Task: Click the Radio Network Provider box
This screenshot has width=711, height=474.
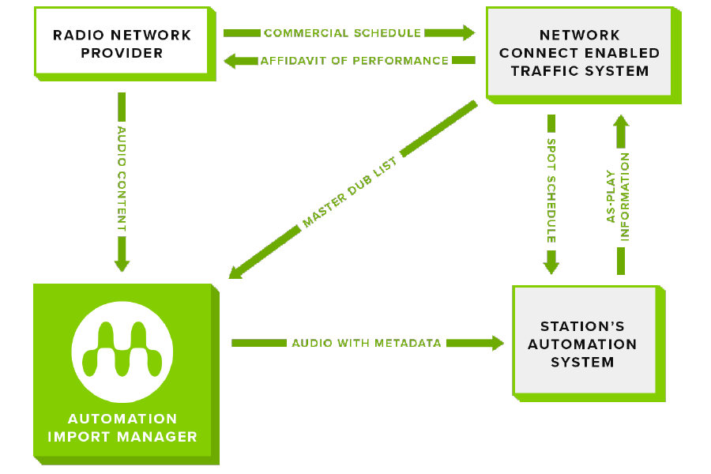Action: pyautogui.click(x=122, y=44)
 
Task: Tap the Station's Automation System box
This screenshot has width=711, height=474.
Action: pyautogui.click(x=583, y=344)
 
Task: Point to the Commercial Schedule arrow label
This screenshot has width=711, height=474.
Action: pyautogui.click(x=342, y=33)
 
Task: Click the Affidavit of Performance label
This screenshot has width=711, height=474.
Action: pyautogui.click(x=354, y=60)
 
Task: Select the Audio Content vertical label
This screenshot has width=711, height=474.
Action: pyautogui.click(x=122, y=179)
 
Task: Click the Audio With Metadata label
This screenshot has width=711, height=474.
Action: pyautogui.click(x=367, y=344)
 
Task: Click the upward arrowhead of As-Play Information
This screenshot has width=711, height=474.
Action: pyautogui.click(x=621, y=122)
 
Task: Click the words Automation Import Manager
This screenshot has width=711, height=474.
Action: pyautogui.click(x=122, y=427)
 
